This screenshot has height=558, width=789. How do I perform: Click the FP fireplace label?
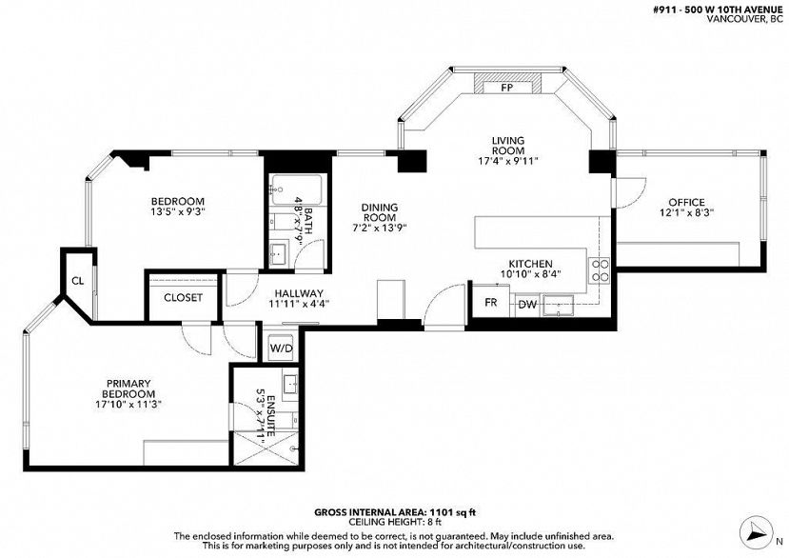(x=506, y=88)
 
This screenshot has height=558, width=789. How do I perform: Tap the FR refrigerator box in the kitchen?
(x=490, y=301)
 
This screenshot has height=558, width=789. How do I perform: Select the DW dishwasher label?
(x=527, y=304)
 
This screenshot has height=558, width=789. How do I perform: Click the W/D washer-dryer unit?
(x=281, y=347)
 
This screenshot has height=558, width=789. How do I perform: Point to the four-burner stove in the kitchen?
(x=599, y=269)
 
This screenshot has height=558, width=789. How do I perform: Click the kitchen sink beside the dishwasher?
(x=558, y=306)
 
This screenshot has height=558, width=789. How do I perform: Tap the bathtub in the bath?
(x=297, y=189)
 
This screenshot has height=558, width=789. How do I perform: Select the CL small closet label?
(x=77, y=281)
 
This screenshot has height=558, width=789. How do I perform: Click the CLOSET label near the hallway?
(x=183, y=298)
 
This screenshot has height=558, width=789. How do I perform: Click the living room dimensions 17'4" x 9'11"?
(x=508, y=161)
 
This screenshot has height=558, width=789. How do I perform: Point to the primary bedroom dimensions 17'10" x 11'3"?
(x=128, y=404)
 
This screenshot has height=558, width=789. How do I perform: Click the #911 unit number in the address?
(x=661, y=10)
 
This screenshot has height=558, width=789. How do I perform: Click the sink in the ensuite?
(x=290, y=386)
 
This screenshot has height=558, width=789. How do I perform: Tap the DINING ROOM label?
(x=380, y=212)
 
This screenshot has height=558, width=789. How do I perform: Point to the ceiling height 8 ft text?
(x=394, y=522)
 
